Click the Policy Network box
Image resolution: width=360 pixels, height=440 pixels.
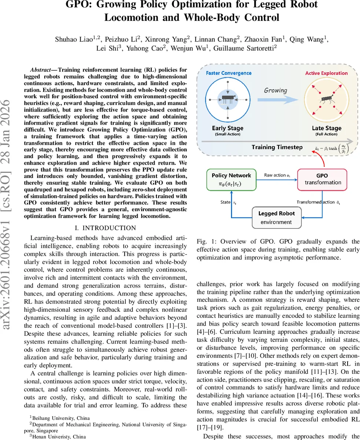coord(231,180)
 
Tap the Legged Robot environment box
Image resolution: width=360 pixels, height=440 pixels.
coord(276,217)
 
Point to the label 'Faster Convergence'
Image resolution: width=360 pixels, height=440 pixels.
coord(229,73)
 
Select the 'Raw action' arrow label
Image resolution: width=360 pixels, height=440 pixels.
coord(277,175)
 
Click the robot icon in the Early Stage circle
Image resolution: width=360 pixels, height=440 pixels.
coord(228,98)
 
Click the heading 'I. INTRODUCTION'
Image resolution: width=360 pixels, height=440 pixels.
coord(105,228)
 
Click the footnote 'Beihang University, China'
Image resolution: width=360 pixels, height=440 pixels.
coord(60,418)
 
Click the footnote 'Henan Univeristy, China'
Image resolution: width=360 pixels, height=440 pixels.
coord(59,437)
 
